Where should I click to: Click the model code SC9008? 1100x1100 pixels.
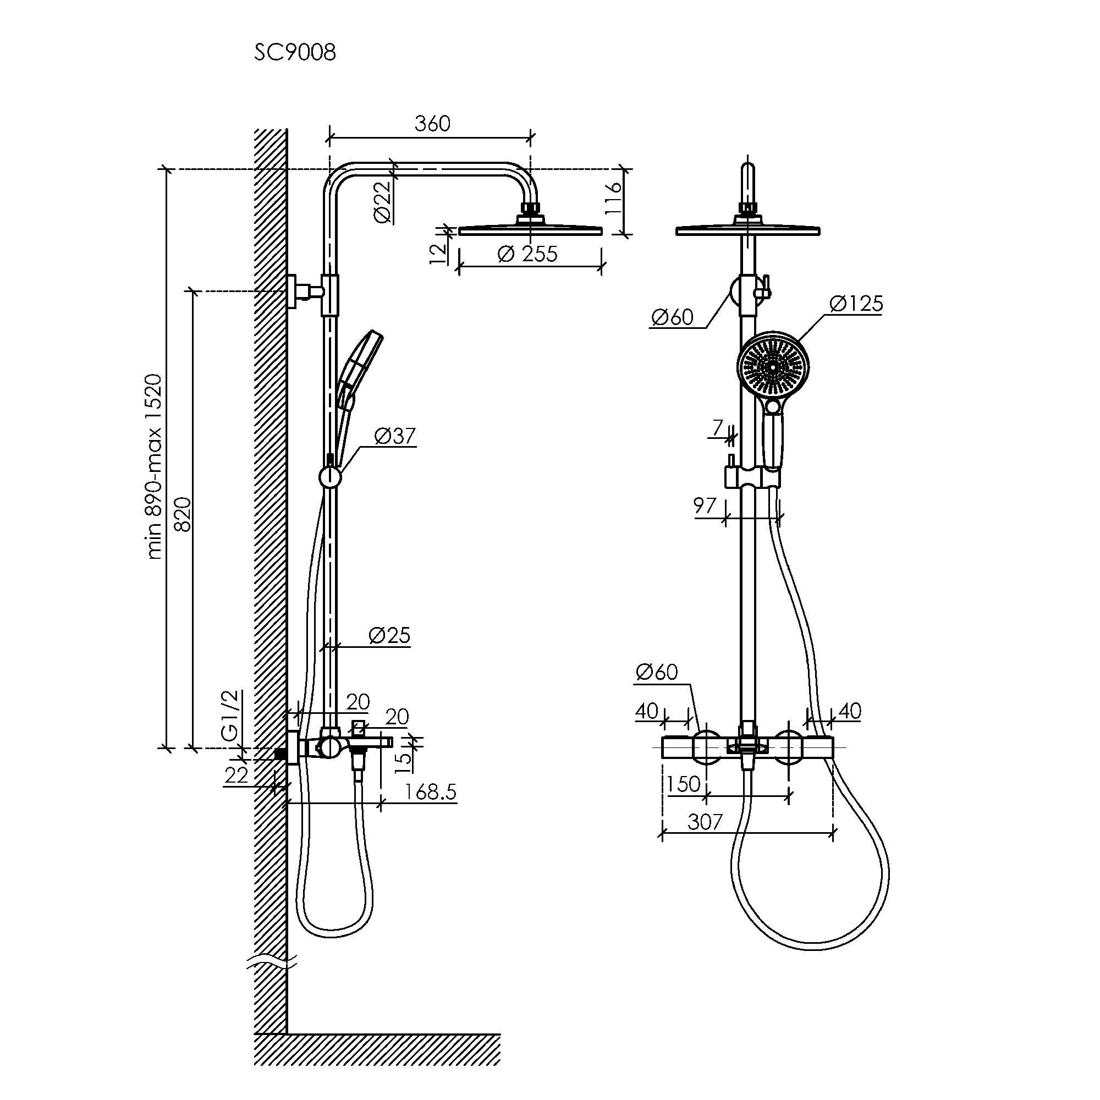tap(295, 53)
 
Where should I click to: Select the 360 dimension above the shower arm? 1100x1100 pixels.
tap(432, 124)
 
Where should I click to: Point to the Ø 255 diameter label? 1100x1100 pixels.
tap(527, 254)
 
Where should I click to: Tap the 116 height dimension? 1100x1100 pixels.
tap(613, 198)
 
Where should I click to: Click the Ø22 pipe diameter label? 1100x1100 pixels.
tap(383, 201)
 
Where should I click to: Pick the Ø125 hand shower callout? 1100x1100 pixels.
tap(856, 304)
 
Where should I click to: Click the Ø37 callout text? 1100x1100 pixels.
tap(395, 436)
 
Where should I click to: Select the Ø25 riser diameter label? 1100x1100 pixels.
tap(389, 635)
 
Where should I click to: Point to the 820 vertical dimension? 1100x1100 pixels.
tap(183, 514)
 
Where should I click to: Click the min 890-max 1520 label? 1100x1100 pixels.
tap(155, 466)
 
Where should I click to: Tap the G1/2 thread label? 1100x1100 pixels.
tap(229, 716)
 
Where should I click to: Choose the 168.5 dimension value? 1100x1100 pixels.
tap(431, 792)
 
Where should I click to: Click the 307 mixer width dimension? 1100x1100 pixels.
tap(705, 822)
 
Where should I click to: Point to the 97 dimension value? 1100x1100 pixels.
tap(705, 505)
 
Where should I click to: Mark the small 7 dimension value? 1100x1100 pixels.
tap(718, 427)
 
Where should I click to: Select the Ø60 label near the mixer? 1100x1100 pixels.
tap(657, 673)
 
